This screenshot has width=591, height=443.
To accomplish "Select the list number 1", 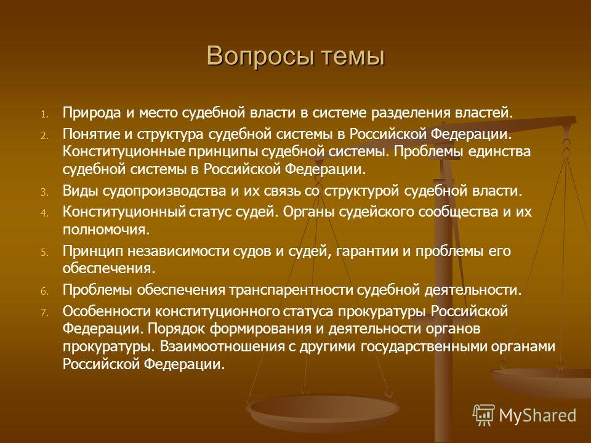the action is click(45, 114).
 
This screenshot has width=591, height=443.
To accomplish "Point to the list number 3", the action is click(45, 193).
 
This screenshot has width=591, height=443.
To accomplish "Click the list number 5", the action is click(45, 253).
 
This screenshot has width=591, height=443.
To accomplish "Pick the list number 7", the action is click(45, 313).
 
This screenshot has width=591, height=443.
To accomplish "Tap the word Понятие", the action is click(94, 134).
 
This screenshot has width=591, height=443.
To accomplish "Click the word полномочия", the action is click(107, 229).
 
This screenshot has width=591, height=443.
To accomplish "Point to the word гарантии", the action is click(367, 251).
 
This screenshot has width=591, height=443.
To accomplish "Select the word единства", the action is click(499, 152).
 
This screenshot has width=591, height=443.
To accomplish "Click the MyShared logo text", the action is click(537, 416).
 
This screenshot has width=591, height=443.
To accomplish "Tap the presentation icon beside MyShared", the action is click(484, 415).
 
